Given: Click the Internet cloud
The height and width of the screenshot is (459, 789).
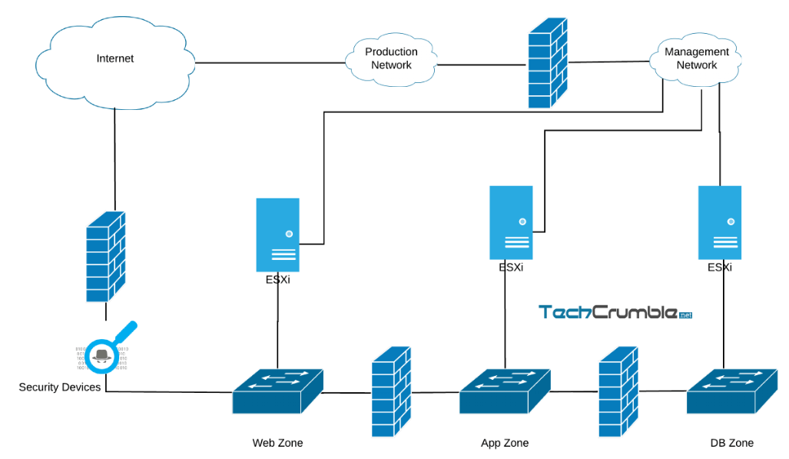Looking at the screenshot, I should pyautogui.click(x=114, y=60).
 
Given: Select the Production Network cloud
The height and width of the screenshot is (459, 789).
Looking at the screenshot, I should pyautogui.click(x=391, y=59).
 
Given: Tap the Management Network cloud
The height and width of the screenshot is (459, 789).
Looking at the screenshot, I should pyautogui.click(x=696, y=59).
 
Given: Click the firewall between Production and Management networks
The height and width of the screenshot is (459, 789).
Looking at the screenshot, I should pyautogui.click(x=547, y=59).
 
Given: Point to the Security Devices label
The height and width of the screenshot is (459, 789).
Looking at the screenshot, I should pyautogui.click(x=60, y=387).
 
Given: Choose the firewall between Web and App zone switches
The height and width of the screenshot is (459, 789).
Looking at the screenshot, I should pyautogui.click(x=391, y=392).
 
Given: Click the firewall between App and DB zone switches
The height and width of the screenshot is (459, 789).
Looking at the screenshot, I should pyautogui.click(x=618, y=392).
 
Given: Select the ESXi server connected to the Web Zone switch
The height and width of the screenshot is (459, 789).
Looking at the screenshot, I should pyautogui.click(x=277, y=234).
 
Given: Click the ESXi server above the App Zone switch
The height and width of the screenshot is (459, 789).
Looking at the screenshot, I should pyautogui.click(x=511, y=222).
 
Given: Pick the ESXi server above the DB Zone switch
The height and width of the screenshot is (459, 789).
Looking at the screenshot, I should pyautogui.click(x=719, y=222).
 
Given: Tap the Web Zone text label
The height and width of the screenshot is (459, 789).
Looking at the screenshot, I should pyautogui.click(x=277, y=443).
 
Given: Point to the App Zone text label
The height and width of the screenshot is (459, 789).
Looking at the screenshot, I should pyautogui.click(x=505, y=443).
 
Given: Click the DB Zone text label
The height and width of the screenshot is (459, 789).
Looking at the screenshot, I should pyautogui.click(x=731, y=443).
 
